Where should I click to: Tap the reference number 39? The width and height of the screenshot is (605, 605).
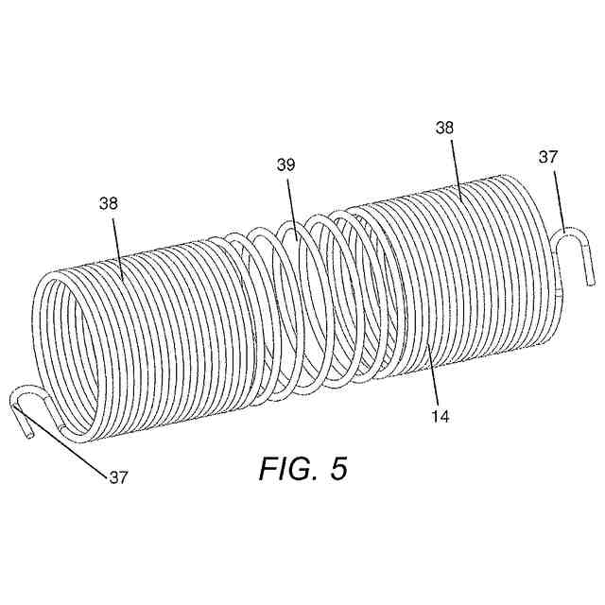pos(285,164)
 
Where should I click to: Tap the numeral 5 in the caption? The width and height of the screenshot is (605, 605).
pos(338,469)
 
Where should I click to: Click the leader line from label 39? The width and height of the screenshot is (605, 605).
pos(292,204)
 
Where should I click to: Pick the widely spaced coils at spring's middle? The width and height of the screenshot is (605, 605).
pos(302,302)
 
